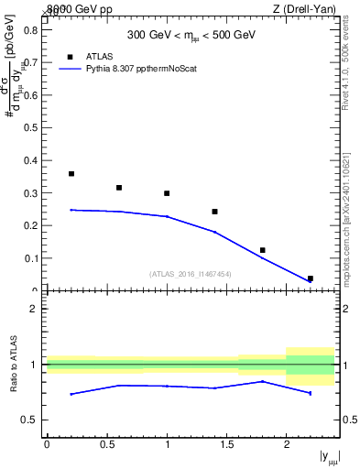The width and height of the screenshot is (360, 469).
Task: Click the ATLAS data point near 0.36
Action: click(x=71, y=173)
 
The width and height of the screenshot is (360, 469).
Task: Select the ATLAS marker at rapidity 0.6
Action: click(x=119, y=188)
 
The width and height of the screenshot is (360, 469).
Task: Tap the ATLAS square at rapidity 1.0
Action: click(x=167, y=193)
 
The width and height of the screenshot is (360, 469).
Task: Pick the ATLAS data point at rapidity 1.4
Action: click(x=214, y=212)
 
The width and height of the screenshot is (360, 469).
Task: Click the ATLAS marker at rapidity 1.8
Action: click(x=262, y=250)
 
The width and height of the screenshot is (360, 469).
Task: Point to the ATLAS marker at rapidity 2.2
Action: click(x=310, y=278)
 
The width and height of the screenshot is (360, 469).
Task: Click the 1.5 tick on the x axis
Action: click(x=226, y=445)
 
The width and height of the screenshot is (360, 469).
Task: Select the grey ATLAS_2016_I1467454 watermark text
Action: click(x=191, y=273)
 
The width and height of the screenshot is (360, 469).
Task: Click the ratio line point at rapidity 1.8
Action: click(x=262, y=381)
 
